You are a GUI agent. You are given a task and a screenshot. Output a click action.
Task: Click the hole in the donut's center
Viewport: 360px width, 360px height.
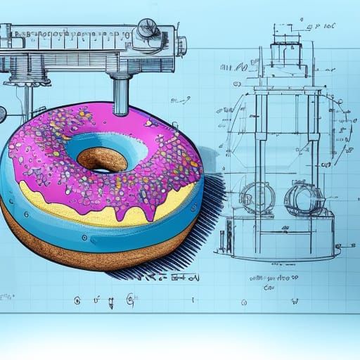[x=101, y=158]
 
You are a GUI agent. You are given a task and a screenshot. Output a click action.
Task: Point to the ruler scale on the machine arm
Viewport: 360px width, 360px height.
[x=70, y=35]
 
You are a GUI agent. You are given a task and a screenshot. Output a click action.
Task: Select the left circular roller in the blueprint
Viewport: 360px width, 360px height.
[x=257, y=197]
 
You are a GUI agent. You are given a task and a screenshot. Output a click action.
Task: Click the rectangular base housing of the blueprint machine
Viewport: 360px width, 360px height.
[x=274, y=232]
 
